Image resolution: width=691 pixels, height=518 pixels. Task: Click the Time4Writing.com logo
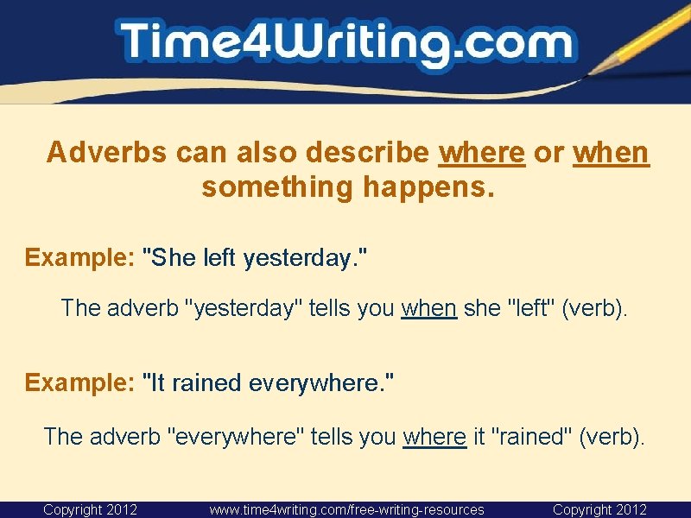click(x=345, y=43)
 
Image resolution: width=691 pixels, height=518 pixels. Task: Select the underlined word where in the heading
click(x=482, y=153)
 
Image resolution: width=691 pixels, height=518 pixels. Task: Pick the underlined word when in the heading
click(x=611, y=153)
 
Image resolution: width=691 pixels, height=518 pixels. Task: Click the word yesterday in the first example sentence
click(x=298, y=257)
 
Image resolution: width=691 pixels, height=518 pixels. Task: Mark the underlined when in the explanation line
click(x=428, y=308)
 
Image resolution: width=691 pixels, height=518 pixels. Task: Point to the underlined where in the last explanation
click(x=434, y=436)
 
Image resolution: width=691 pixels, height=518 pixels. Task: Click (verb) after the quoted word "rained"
click(x=612, y=436)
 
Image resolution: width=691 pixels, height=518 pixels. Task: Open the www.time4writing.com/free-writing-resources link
click(x=346, y=509)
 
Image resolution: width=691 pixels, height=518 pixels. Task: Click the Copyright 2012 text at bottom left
click(x=90, y=509)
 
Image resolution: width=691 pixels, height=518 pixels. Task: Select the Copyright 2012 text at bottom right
click(x=599, y=509)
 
